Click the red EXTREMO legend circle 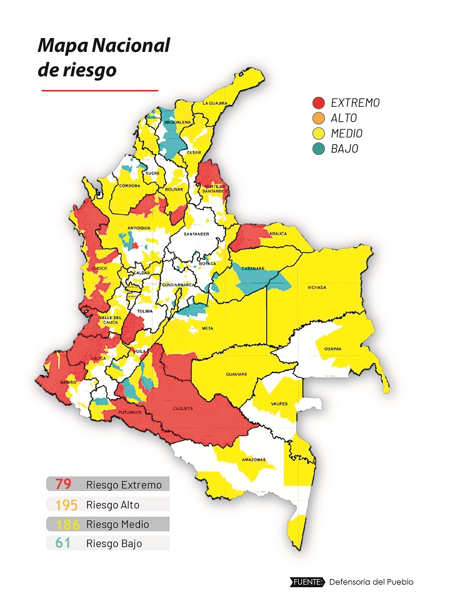[319, 103]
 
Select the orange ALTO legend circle [319, 118]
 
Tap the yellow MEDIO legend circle [319, 133]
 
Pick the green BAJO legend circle [319, 149]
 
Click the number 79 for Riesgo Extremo [63, 484]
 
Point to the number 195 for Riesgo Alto [66, 505]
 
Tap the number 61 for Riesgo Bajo [63, 543]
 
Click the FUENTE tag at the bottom [308, 582]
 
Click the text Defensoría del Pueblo [371, 582]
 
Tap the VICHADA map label [317, 287]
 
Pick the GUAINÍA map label [332, 349]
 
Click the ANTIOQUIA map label [139, 229]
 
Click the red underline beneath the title [100, 91]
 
